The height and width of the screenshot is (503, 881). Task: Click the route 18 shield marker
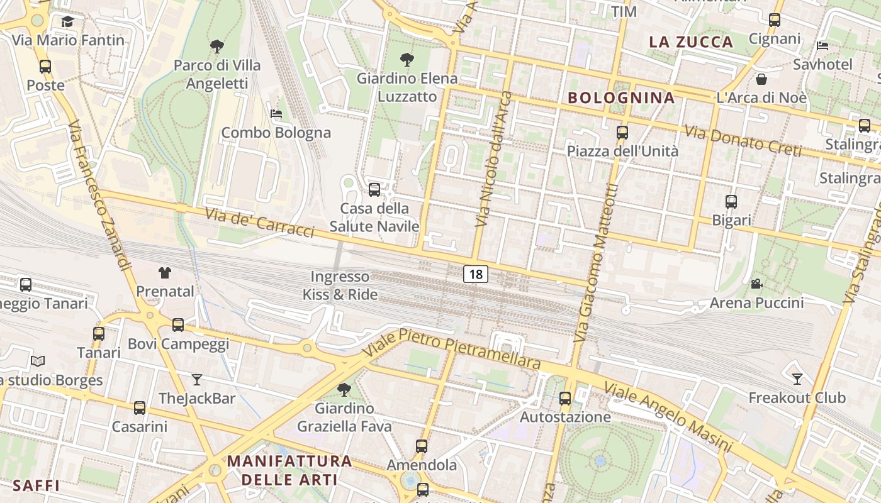(476, 274)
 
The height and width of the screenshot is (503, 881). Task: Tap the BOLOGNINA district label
(621, 97)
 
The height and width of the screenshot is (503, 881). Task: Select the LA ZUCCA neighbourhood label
(691, 42)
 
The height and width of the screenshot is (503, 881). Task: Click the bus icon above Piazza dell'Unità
(622, 132)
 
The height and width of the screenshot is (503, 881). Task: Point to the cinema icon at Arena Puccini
(756, 284)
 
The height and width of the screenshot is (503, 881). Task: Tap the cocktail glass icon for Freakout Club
(797, 379)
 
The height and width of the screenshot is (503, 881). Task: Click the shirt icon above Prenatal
(165, 272)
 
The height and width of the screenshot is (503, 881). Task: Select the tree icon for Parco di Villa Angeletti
(217, 46)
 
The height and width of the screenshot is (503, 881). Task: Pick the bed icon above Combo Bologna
(276, 114)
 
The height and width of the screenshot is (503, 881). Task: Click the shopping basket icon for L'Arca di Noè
(761, 79)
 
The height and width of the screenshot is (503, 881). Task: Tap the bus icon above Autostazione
(565, 398)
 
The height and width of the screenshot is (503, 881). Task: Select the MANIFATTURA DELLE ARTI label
(289, 470)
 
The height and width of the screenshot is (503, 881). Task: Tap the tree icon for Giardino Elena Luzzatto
(407, 60)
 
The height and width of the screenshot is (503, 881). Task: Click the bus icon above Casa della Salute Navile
(374, 189)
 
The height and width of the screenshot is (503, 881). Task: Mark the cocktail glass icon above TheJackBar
(197, 379)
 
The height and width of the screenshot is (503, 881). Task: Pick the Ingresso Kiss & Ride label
(340, 285)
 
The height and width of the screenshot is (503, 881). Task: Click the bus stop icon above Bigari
(731, 202)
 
